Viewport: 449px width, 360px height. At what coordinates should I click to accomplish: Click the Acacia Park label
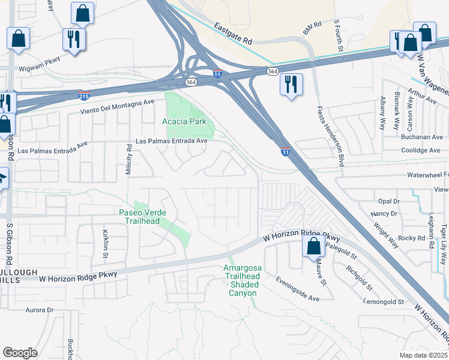[x=184, y=121]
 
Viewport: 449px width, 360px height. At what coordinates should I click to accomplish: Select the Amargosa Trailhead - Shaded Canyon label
[x=240, y=280]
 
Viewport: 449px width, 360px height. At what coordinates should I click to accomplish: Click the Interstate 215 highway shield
[x=84, y=95]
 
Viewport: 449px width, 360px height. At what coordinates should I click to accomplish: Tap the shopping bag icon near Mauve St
[x=313, y=246]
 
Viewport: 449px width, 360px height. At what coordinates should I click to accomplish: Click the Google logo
[x=20, y=352]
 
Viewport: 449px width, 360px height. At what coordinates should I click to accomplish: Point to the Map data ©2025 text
[x=423, y=355]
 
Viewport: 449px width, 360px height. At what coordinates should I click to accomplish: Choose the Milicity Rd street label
[x=128, y=159]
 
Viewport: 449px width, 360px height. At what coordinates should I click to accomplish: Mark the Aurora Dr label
[x=40, y=310]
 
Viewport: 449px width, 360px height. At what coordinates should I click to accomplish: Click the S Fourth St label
[x=336, y=30]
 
